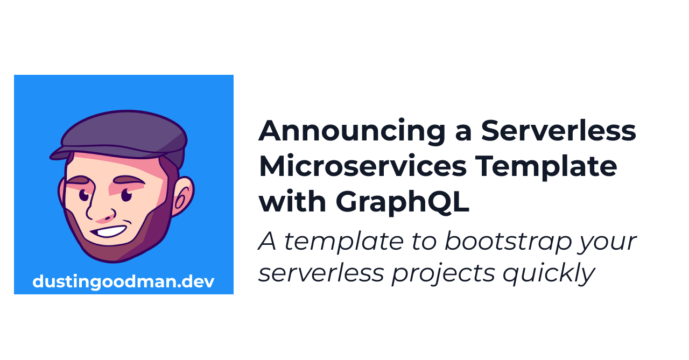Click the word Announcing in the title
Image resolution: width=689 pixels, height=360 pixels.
pos(351,131)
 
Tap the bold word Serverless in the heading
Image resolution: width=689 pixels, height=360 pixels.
pos(558,131)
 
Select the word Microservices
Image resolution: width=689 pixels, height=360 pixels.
pos(362,166)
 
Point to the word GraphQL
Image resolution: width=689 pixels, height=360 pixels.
pos(403,202)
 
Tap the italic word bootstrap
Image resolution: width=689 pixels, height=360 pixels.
pos(507,242)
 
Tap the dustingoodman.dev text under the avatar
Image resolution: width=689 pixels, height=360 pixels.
pos(123,281)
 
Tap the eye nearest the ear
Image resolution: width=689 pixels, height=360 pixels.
pos(126,194)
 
